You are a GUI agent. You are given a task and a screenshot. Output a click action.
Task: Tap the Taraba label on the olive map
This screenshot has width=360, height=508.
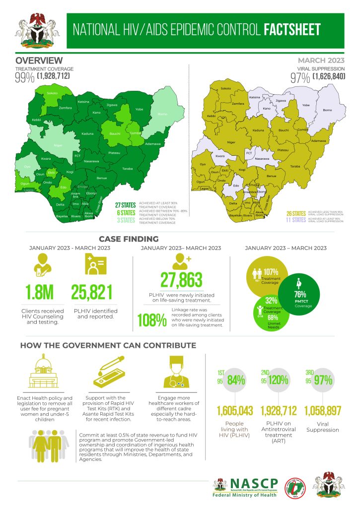(x=295, y=166)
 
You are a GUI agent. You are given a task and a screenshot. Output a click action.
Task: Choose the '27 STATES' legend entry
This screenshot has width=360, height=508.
(x=125, y=204)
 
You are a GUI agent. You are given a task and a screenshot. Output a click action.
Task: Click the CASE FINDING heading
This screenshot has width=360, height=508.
(x=129, y=239)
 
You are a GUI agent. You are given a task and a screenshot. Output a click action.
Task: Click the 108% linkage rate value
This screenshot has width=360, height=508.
(x=151, y=321)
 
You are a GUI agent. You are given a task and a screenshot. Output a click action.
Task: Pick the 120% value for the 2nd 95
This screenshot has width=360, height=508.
(x=278, y=381)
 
